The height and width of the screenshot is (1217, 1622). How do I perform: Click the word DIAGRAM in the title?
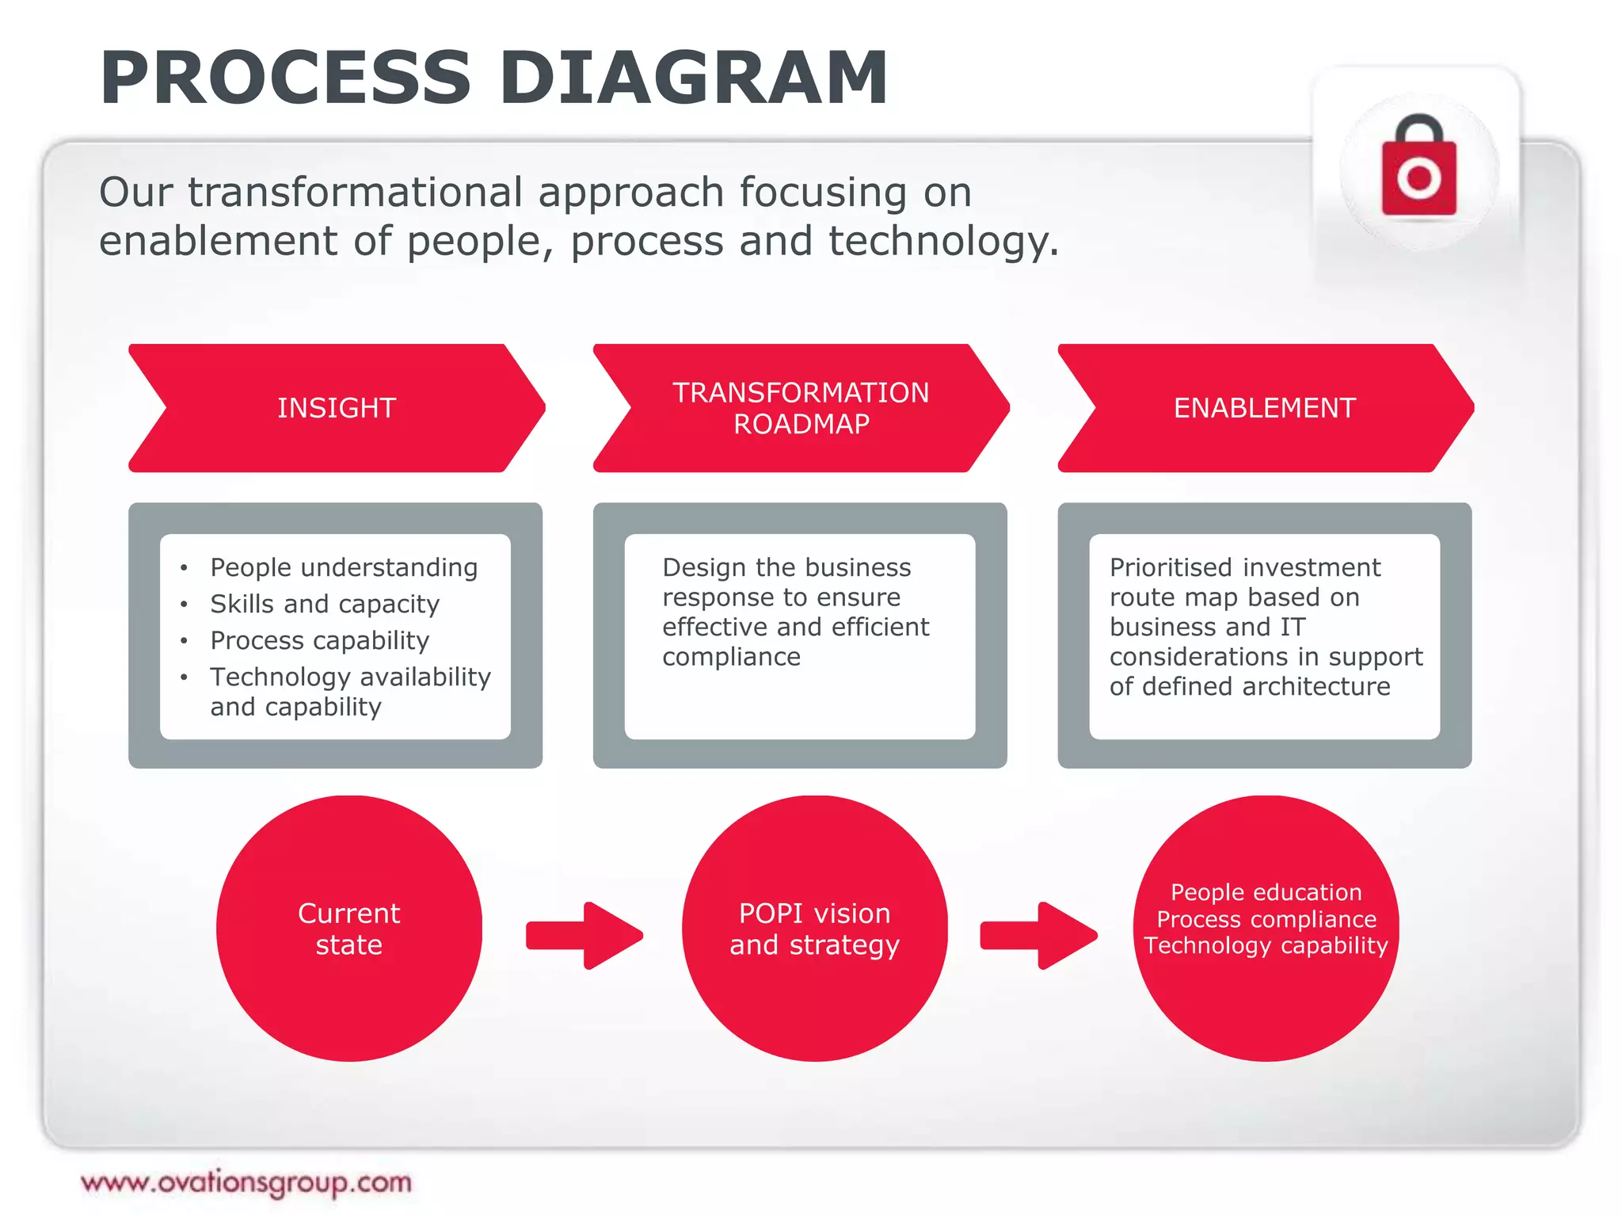pos(694,78)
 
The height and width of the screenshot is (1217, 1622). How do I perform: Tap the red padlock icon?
pos(1418,170)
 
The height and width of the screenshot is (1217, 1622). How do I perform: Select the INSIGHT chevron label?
pos(337,408)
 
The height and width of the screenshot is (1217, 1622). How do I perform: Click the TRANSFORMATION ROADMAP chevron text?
pos(801,408)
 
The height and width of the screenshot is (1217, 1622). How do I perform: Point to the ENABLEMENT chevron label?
pos(1264,408)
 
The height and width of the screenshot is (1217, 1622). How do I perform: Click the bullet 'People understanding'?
pos(344,567)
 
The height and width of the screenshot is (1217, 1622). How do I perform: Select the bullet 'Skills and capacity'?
pos(325,604)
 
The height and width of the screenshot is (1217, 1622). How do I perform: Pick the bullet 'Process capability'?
pos(320,640)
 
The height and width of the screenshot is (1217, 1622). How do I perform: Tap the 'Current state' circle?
pos(349,929)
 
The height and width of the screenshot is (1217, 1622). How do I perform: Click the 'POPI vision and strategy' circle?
pos(814,929)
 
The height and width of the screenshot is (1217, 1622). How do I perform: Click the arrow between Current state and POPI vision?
pos(584,936)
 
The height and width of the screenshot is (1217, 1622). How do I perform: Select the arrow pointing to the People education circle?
pos(1038,936)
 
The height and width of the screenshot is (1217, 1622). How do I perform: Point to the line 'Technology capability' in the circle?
pos(1266,945)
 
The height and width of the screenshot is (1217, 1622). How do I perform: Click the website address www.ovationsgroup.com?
pos(246,1182)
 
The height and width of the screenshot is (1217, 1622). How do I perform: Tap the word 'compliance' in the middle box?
pos(731,657)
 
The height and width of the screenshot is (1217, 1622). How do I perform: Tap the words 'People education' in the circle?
pos(1266,892)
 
